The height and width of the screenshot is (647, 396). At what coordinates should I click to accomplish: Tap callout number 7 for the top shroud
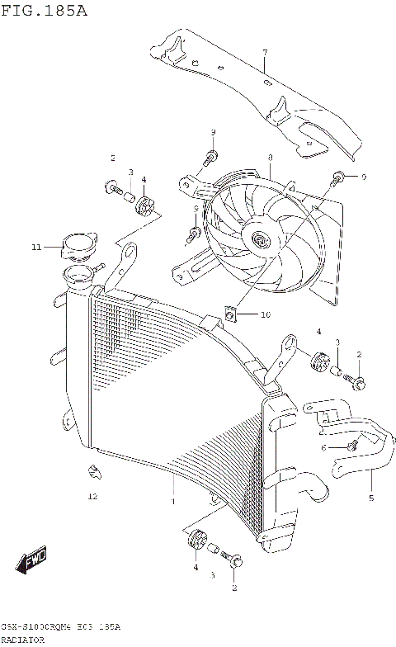coord(265,53)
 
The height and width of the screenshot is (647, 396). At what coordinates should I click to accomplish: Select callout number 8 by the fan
coord(270,157)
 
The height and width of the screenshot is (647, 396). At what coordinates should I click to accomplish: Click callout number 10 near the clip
coord(265,314)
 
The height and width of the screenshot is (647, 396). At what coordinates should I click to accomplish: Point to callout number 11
coord(35,246)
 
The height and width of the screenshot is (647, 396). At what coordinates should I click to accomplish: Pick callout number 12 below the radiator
coord(92,497)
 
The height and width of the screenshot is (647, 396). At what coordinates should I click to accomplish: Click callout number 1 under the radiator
coord(173,501)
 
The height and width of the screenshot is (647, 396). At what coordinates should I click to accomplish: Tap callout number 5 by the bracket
coord(371,498)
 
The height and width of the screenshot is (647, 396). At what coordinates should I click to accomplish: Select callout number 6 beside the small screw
coord(324,446)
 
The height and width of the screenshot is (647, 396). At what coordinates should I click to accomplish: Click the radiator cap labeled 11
coord(79,245)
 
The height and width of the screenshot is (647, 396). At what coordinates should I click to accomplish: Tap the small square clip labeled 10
coord(232,314)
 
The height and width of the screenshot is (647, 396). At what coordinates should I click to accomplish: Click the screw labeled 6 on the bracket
coord(351,445)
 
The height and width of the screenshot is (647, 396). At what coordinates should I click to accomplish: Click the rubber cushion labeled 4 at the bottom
coord(196,541)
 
